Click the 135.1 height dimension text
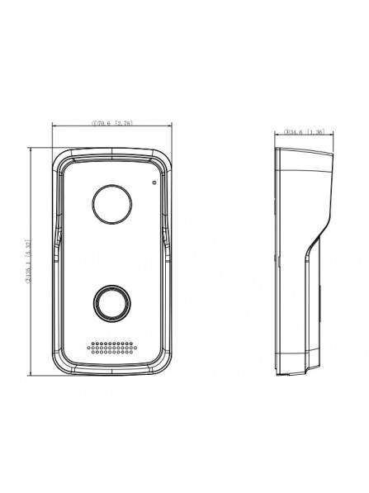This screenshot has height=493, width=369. tap(27, 274)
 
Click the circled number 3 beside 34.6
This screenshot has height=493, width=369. tap(286, 131)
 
